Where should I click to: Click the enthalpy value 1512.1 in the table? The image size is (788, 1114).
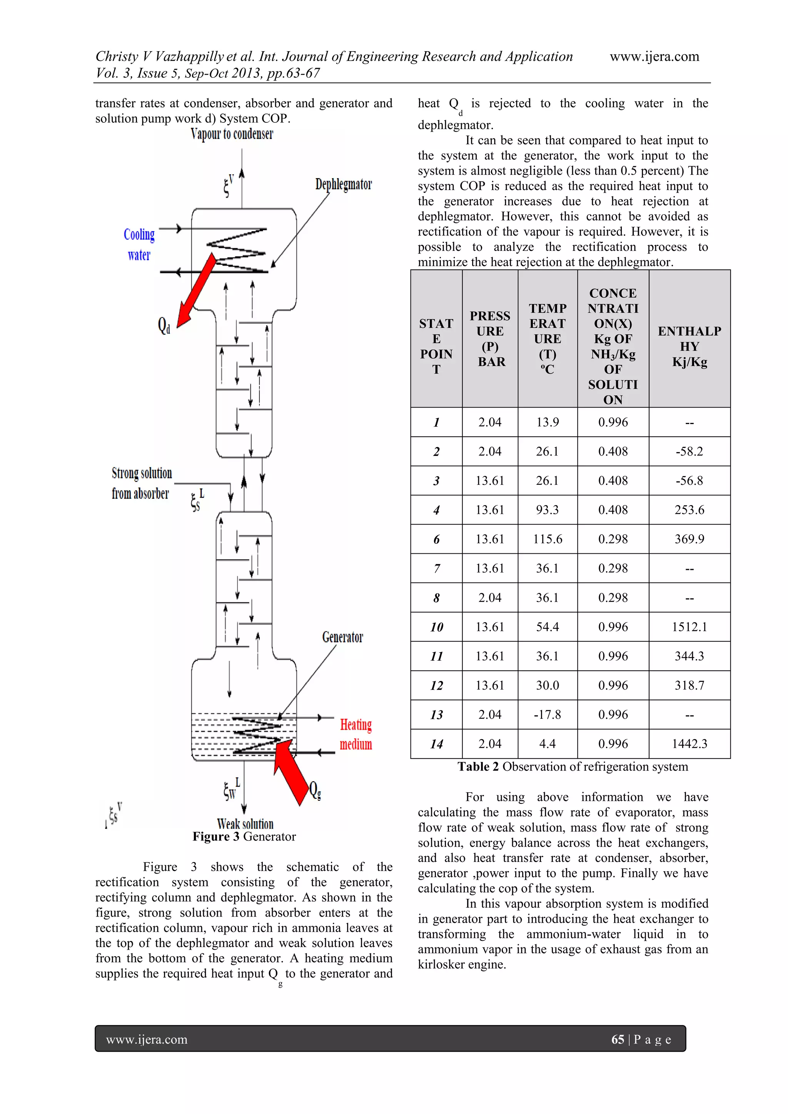[x=689, y=627]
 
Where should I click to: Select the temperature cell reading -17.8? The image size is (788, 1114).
[x=548, y=715]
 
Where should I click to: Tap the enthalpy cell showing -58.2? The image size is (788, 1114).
[x=689, y=451]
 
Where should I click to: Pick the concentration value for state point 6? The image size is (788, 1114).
[x=613, y=539]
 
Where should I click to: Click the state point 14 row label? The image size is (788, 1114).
[x=436, y=744]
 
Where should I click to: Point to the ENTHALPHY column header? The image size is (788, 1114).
[x=689, y=346]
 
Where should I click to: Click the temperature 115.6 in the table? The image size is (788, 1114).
[x=548, y=539]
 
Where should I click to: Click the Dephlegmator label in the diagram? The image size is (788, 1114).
[x=344, y=184]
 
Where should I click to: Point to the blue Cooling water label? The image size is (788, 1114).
[x=139, y=244]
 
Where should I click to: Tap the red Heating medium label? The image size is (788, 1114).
[x=356, y=734]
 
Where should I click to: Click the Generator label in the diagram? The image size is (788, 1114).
[x=342, y=637]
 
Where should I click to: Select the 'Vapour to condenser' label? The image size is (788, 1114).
[x=232, y=134]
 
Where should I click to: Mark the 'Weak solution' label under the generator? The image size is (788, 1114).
[x=245, y=824]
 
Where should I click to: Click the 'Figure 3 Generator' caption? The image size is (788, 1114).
[x=244, y=837]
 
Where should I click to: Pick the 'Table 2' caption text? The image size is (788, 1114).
[x=573, y=767]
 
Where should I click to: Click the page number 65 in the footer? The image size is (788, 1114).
[x=617, y=1039]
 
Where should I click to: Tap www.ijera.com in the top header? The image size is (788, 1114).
[x=654, y=57]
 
